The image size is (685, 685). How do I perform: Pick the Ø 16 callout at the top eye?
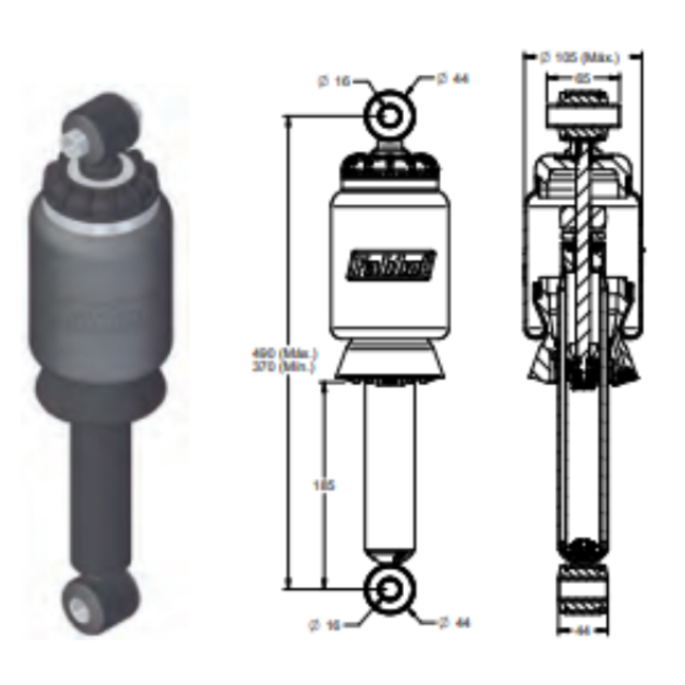(x=334, y=82)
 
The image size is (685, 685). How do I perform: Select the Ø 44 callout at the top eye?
(x=453, y=78)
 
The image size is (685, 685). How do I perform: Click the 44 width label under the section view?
(x=583, y=630)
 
